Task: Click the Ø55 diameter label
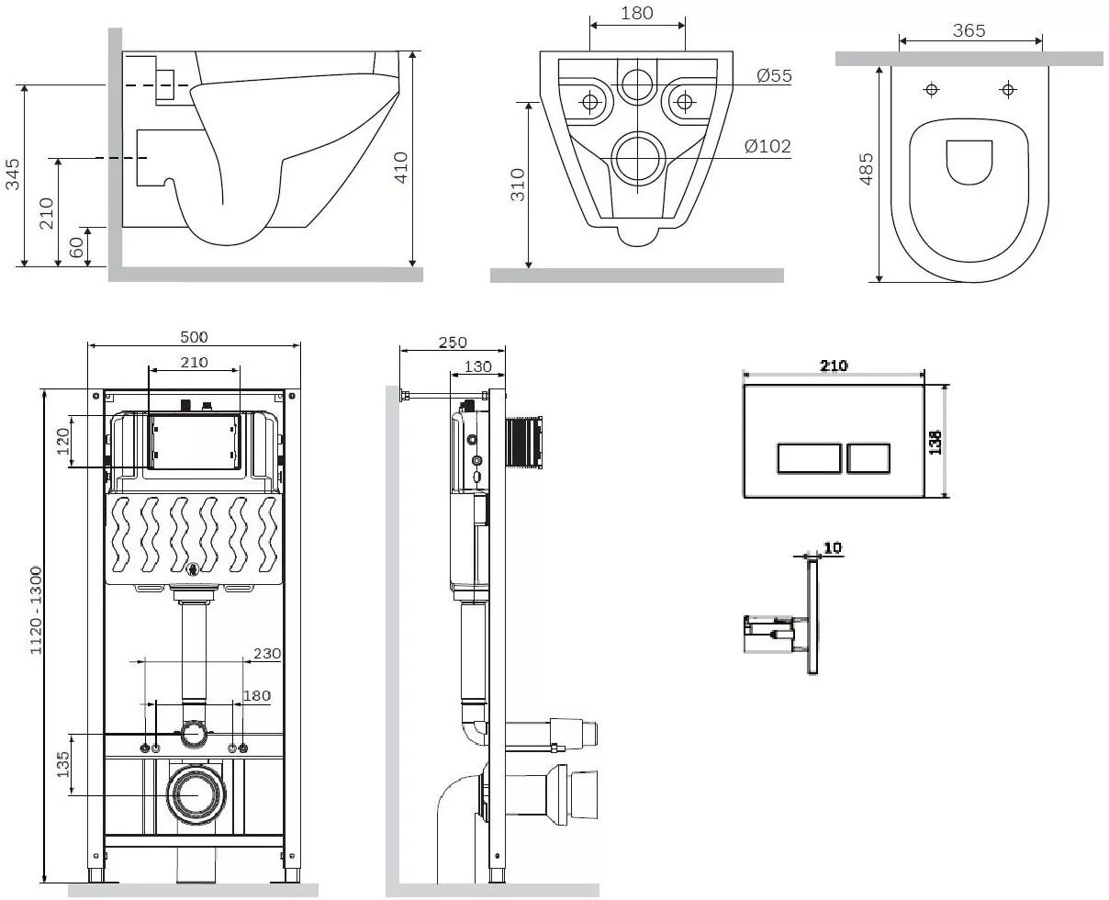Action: point(774,75)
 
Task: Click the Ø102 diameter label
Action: point(767,146)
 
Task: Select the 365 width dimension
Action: point(969,30)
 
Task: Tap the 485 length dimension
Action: point(866,169)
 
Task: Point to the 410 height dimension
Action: point(400,168)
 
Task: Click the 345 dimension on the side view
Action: point(12,174)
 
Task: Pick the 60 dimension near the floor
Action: point(76,247)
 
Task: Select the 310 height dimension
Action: point(518,185)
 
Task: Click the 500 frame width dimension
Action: point(194,337)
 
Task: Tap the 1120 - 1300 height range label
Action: point(36,610)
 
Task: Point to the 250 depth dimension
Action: point(453,343)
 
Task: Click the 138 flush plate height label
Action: point(935,442)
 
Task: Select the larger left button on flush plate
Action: point(809,458)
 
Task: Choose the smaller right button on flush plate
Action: point(868,458)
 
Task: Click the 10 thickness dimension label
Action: point(833,547)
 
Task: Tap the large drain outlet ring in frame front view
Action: point(196,794)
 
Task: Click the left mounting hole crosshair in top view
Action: point(932,90)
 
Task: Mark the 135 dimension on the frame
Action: point(62,764)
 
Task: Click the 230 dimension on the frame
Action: point(267,653)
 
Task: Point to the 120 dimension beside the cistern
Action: point(62,441)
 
